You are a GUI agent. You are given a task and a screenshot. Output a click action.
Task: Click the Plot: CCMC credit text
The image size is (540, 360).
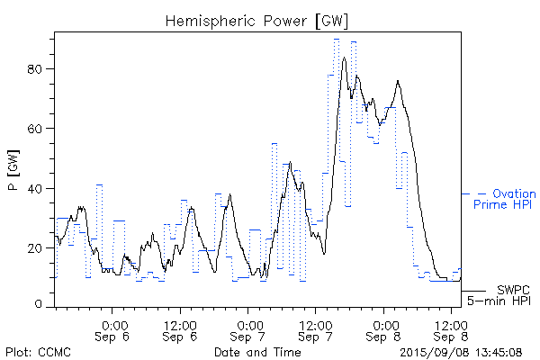pyautogui.click(x=33, y=351)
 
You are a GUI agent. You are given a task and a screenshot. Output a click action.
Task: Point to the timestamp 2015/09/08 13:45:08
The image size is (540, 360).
pyautogui.click(x=461, y=351)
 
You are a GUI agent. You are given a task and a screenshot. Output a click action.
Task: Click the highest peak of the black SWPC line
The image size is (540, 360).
pyautogui.click(x=344, y=58)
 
